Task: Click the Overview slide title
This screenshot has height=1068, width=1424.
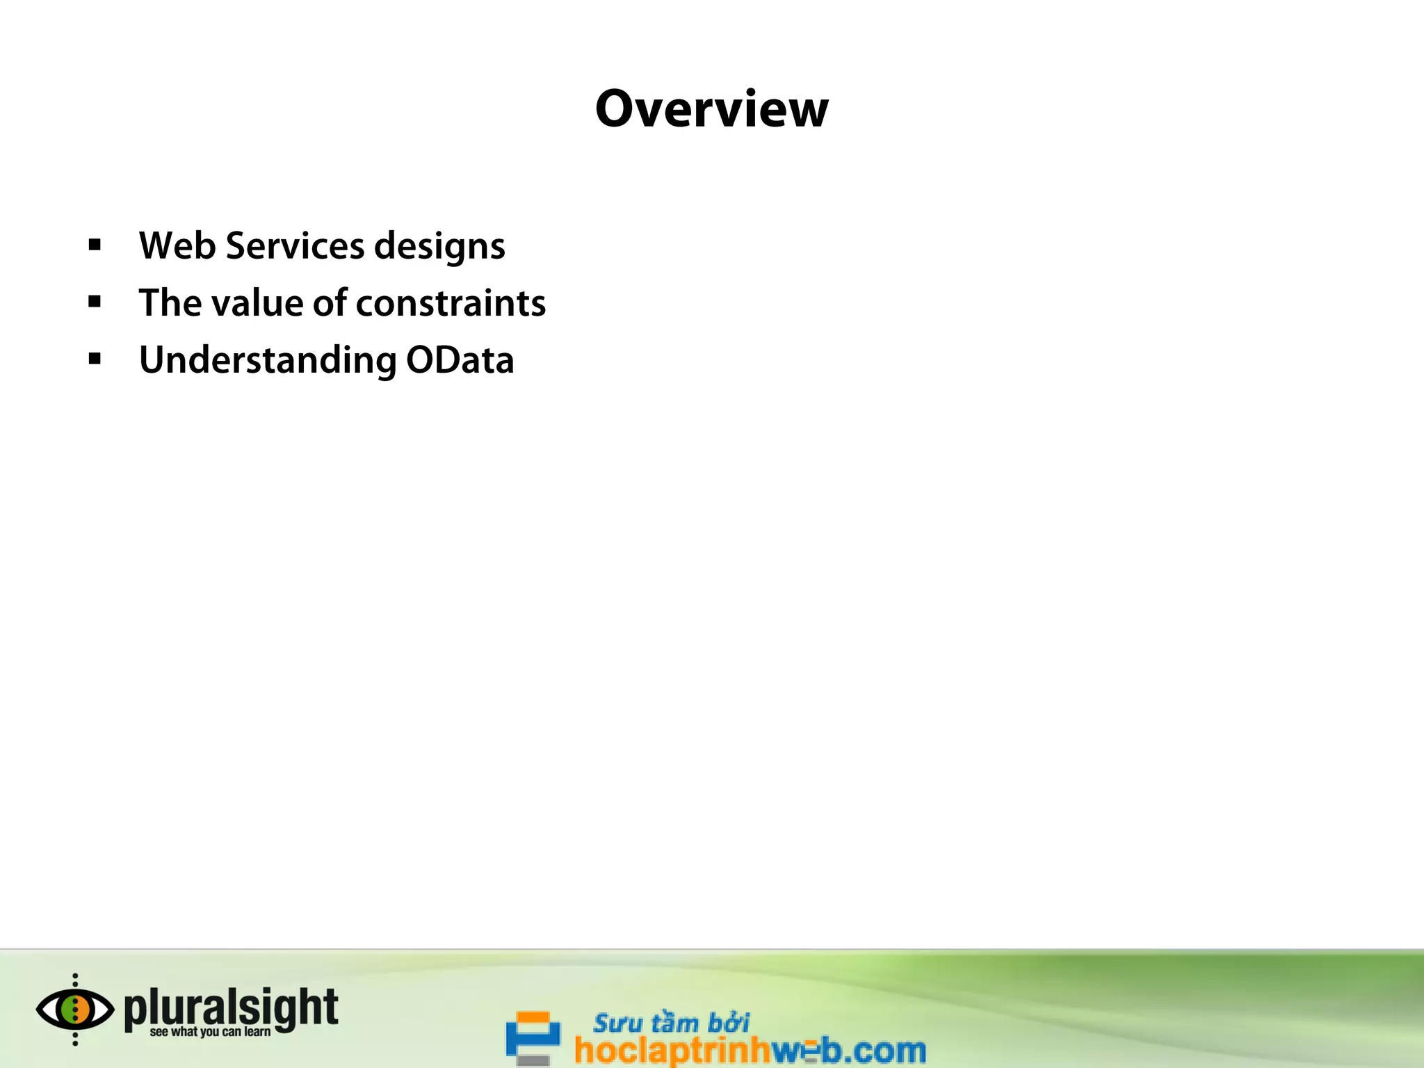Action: pyautogui.click(x=711, y=109)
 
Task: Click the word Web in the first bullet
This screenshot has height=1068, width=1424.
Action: pyautogui.click(x=177, y=245)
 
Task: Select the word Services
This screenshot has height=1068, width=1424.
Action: pyautogui.click(x=296, y=245)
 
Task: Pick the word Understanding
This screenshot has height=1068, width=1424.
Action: pyautogui.click(x=268, y=361)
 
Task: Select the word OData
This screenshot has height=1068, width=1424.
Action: pyautogui.click(x=460, y=360)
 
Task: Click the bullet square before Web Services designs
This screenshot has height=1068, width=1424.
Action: pyautogui.click(x=95, y=245)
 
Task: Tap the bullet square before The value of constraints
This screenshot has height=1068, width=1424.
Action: pyautogui.click(x=95, y=302)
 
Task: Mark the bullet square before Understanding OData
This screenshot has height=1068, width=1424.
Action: pyautogui.click(x=95, y=359)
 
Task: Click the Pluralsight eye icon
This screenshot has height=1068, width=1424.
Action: pyautogui.click(x=75, y=1010)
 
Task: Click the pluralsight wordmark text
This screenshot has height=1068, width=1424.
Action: pyautogui.click(x=231, y=1008)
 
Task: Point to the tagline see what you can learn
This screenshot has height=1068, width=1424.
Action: pyautogui.click(x=210, y=1032)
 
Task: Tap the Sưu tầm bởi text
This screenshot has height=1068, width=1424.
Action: pyautogui.click(x=671, y=1023)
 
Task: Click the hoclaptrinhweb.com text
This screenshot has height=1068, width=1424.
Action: pyautogui.click(x=750, y=1050)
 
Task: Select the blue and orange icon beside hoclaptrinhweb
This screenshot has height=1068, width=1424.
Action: pyautogui.click(x=533, y=1037)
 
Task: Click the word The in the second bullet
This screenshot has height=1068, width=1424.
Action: pyautogui.click(x=170, y=303)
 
